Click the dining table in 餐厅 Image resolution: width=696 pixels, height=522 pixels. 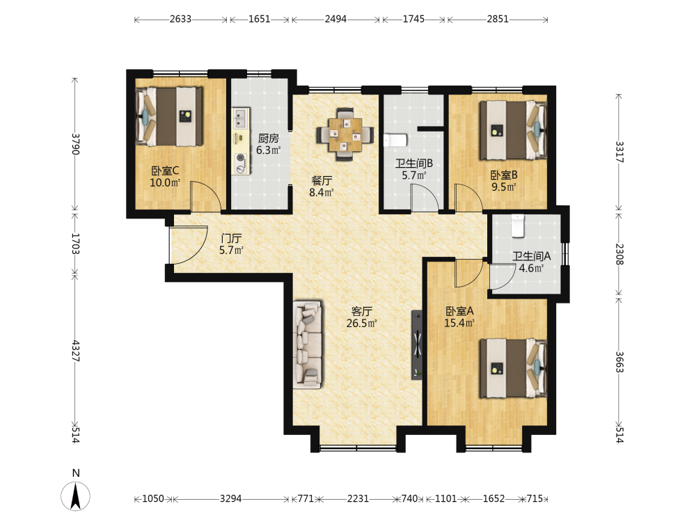coord(345,134)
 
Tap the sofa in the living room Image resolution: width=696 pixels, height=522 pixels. coord(307,345)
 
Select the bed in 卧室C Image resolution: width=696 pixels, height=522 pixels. coord(169,116)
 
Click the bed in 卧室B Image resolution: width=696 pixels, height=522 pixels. coord(513,130)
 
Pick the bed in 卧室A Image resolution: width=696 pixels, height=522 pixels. coord(513,368)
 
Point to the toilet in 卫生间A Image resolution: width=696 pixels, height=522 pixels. coord(518,226)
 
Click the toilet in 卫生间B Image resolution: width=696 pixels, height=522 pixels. coord(395,141)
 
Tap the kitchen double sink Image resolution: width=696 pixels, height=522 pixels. coord(241,118)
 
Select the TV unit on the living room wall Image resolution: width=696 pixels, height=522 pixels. coord(417,345)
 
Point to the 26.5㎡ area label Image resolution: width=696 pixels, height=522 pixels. coord(362,323)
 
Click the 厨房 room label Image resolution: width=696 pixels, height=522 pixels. coord(269,139)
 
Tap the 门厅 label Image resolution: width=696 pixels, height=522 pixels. coord(231,238)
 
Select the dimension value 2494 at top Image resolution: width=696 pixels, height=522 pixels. coord(335,19)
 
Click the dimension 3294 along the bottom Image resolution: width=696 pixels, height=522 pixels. coord(231,498)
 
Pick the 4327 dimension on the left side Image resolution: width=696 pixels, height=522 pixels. coord(75,351)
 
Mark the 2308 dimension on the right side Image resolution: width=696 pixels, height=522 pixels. coord(619,254)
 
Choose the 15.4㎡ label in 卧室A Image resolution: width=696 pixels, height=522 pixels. coord(459,323)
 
